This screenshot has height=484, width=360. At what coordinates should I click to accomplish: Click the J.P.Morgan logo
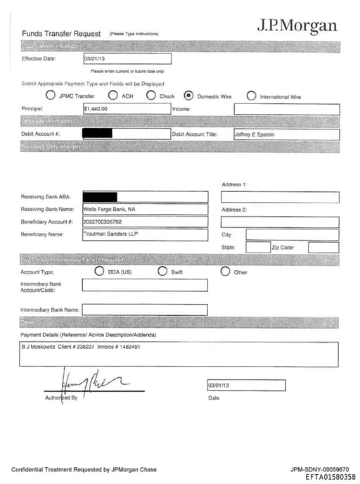click(296, 26)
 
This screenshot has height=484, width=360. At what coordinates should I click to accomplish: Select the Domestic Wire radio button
click(188, 96)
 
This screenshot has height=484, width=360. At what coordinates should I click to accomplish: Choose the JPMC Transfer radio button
click(51, 96)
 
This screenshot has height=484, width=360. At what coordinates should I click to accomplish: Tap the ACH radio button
click(112, 96)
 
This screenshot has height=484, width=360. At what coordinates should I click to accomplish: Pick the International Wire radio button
click(251, 96)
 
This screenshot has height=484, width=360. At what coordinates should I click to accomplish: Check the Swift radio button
click(162, 272)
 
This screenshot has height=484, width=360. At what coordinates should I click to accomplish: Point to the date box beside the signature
click(246, 386)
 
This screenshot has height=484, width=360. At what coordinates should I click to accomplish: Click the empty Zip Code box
click(323, 247)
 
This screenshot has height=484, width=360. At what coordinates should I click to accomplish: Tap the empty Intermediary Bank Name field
click(145, 310)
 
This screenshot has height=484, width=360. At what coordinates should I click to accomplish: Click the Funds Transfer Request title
click(63, 33)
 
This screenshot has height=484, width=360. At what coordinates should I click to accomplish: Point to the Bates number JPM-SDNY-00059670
click(319, 469)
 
